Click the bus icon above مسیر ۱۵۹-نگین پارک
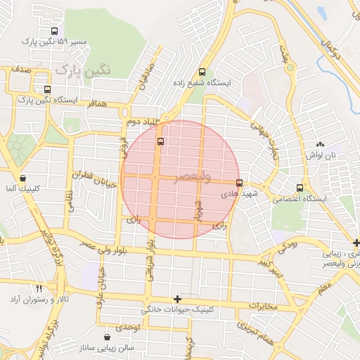click(55, 31)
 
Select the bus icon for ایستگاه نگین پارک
click(47, 89)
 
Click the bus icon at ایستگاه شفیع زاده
click(202, 72)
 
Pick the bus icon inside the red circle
click(161, 141)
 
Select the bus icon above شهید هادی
click(239, 183)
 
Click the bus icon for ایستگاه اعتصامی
click(300, 188)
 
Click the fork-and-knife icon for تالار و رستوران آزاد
click(39, 288)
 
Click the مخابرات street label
click(264, 306)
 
